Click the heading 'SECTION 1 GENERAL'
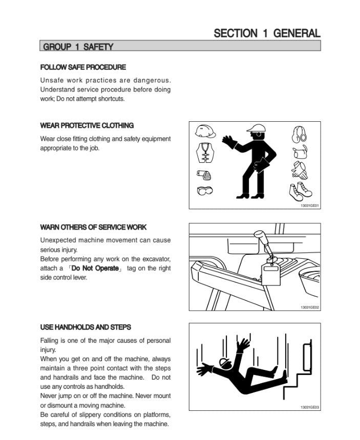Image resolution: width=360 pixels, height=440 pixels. click(267, 33)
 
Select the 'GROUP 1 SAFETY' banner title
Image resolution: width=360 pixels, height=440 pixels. click(78, 47)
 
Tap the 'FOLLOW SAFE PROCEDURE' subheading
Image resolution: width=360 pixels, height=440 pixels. click(82, 67)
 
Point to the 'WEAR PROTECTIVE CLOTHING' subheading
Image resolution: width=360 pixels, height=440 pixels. click(87, 125)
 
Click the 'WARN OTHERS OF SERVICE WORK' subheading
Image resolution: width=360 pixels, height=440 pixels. click(93, 227)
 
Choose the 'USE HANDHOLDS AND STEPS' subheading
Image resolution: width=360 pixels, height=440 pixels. click(86, 327)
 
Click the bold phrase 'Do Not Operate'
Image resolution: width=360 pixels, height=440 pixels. click(95, 268)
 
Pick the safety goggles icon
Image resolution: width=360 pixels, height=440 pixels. click(204, 191)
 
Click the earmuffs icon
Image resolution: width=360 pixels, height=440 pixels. click(299, 134)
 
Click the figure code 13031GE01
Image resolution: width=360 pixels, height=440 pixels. click(309, 206)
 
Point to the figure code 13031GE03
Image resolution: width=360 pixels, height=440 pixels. click(309, 407)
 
